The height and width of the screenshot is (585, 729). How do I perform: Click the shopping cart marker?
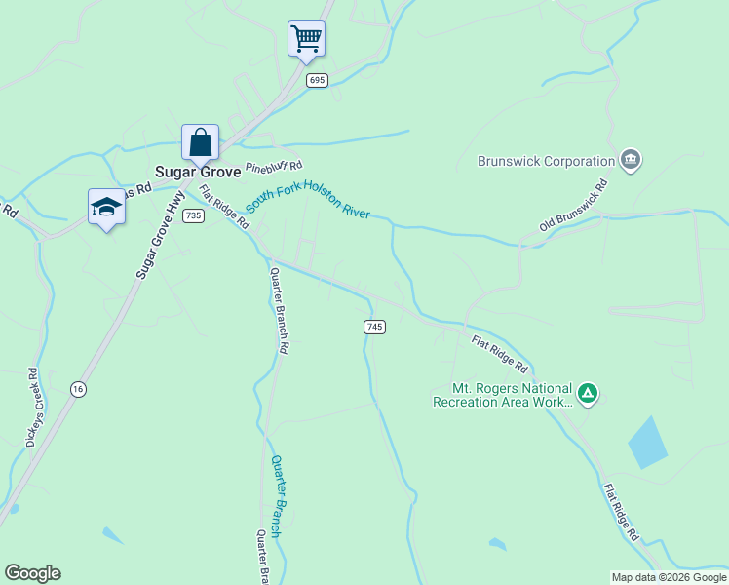306,39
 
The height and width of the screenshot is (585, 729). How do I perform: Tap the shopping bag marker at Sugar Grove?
200,142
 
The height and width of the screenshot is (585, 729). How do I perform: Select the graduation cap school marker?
106,207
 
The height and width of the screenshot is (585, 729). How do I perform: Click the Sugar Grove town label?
199,171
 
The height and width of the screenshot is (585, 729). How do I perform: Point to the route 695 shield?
316,80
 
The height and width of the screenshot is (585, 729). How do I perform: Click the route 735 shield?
193,215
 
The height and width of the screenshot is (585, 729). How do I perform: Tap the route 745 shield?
375,328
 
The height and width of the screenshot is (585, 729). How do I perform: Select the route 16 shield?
77,389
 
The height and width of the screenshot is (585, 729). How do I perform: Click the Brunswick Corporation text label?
546,161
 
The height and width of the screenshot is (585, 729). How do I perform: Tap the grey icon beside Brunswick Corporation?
630,159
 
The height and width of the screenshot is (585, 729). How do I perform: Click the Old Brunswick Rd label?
574,206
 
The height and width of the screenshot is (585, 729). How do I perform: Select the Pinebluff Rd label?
275,167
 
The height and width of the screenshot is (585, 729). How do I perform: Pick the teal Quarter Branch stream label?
278,496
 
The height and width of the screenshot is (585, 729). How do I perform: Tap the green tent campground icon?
587,394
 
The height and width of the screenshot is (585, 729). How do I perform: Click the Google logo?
32,573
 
